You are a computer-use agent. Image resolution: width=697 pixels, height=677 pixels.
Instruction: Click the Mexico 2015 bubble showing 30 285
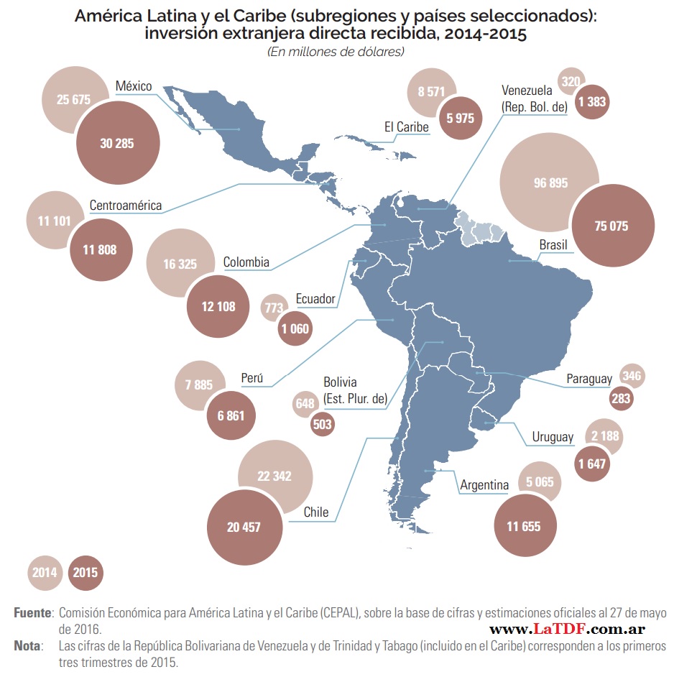click(117, 143)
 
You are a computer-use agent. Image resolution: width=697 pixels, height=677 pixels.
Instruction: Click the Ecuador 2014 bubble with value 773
click(274, 308)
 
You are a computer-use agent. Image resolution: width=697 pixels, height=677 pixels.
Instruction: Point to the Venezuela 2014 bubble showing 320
click(571, 81)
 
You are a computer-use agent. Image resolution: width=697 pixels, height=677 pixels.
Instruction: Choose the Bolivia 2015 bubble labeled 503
click(323, 424)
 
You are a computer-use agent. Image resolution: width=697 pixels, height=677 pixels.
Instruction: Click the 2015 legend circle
click(86, 573)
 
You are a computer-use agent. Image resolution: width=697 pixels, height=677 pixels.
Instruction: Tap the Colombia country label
click(246, 262)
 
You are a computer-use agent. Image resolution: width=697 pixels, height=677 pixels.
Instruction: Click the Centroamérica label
click(125, 206)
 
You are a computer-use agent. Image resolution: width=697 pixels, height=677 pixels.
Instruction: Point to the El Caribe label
click(406, 127)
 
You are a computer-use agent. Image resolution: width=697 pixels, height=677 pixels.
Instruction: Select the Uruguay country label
click(553, 437)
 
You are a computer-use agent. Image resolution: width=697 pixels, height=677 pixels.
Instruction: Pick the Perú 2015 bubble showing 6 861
click(231, 415)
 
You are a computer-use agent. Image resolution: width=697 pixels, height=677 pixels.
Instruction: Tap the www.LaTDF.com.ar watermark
click(567, 629)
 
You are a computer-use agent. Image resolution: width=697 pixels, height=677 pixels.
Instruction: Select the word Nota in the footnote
click(28, 645)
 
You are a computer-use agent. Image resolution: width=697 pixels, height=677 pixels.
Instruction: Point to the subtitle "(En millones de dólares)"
click(336, 51)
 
